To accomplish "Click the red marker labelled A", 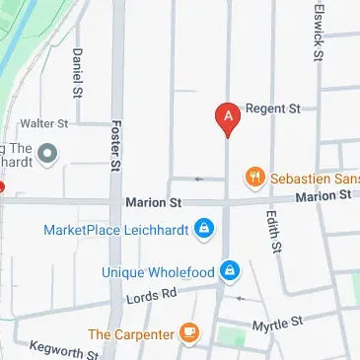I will click(x=228, y=117).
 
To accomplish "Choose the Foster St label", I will click(x=115, y=145).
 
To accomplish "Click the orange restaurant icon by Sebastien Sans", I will click(x=255, y=178).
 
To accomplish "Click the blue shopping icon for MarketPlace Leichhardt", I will click(x=203, y=231).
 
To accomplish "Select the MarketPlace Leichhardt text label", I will click(x=116, y=231).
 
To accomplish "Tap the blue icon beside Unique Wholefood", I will click(x=229, y=268).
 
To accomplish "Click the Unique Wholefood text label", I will click(x=159, y=271).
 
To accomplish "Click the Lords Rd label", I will click(x=151, y=295).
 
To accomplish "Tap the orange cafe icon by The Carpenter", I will click(x=189, y=335).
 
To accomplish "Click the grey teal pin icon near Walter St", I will click(x=49, y=153).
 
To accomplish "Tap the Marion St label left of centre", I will click(x=154, y=202).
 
